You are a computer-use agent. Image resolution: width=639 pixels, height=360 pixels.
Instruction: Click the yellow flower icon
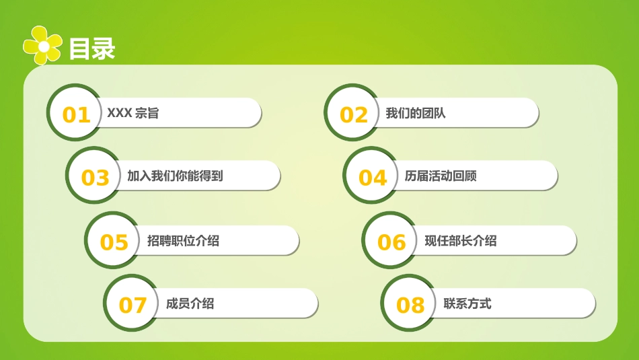point(43,46)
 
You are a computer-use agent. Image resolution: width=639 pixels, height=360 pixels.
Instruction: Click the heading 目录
point(92,48)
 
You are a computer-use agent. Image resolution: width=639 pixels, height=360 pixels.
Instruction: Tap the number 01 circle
point(76,114)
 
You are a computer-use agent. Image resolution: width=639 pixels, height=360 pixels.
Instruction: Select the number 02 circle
point(354,114)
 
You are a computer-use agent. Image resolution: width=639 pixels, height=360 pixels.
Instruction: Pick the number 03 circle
point(95,177)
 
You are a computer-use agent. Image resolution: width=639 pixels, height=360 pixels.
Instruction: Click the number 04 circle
point(373,177)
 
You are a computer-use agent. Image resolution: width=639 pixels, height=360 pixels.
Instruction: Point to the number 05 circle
point(114,242)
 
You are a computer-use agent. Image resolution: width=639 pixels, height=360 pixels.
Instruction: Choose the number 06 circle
point(391,242)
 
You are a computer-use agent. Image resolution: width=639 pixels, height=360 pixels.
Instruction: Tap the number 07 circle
point(133,305)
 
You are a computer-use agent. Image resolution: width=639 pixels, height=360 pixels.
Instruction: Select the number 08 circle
point(410,305)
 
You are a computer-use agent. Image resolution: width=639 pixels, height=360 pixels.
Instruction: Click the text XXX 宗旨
point(133,114)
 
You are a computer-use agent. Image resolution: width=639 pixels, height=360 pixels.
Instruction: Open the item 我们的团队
point(416,114)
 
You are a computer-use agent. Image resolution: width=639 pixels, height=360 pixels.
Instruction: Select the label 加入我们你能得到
point(175,176)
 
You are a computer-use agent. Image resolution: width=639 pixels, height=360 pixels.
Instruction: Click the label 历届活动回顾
point(441,176)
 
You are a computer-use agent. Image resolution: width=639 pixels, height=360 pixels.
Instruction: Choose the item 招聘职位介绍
point(183,241)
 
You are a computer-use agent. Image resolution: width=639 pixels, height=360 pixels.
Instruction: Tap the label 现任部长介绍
point(461,241)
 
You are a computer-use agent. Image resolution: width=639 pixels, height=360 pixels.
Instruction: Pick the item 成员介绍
point(190,303)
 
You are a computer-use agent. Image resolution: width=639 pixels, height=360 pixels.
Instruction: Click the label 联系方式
point(467,303)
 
